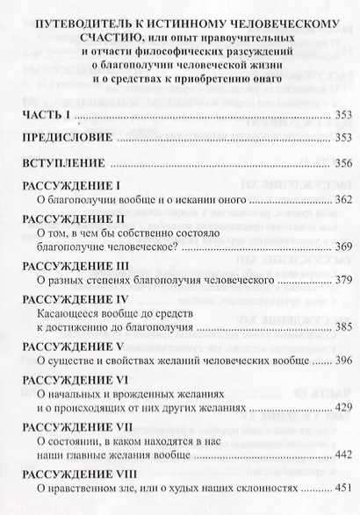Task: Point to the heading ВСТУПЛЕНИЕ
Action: [x=69, y=163]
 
